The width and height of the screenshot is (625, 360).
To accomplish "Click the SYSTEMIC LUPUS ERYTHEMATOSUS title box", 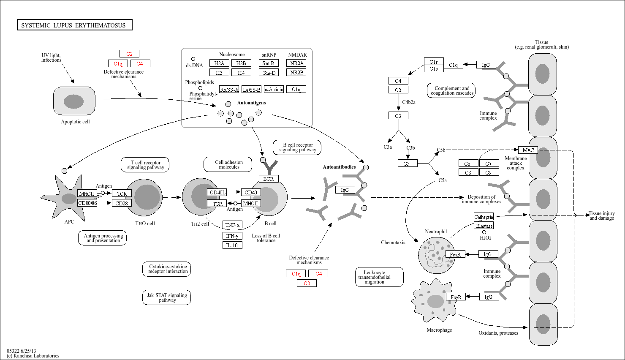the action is pyautogui.click(x=74, y=25).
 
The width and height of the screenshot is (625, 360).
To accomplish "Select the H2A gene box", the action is pyautogui.click(x=219, y=63).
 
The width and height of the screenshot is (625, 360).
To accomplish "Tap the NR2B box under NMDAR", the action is pyautogui.click(x=296, y=72).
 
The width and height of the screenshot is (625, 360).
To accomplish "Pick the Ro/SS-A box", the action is pyautogui.click(x=229, y=89).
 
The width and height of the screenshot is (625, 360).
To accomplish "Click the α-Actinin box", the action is pyautogui.click(x=274, y=89).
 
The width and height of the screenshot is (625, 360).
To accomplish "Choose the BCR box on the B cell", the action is pyautogui.click(x=269, y=179).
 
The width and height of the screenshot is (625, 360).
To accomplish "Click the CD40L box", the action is pyautogui.click(x=217, y=192).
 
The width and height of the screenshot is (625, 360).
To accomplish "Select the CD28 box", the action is pyautogui.click(x=122, y=203).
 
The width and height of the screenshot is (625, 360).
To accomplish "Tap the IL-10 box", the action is pyautogui.click(x=232, y=245).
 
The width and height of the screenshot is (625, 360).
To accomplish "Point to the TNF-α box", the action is pyautogui.click(x=232, y=225).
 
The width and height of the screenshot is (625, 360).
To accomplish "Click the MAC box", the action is pyautogui.click(x=528, y=150).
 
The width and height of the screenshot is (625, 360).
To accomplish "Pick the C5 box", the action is pyautogui.click(x=408, y=163).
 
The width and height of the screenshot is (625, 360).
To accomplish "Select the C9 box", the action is pyautogui.click(x=489, y=172).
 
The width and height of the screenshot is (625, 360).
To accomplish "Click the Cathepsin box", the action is pyautogui.click(x=484, y=217).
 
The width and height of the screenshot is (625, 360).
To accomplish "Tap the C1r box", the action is pyautogui.click(x=434, y=61).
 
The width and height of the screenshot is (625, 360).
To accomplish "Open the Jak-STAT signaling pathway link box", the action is pyautogui.click(x=166, y=297).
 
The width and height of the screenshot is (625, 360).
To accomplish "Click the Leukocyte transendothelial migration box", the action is pyautogui.click(x=379, y=277).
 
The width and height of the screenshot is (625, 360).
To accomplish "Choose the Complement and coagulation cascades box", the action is pyautogui.click(x=451, y=90).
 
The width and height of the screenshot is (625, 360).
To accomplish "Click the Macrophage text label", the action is pyautogui.click(x=439, y=330).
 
